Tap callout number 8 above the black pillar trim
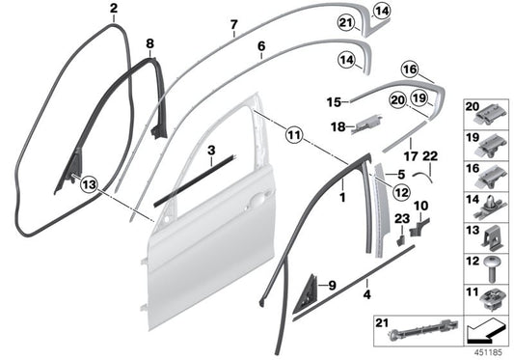tap(149, 43)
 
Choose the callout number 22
tap(430, 155)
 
